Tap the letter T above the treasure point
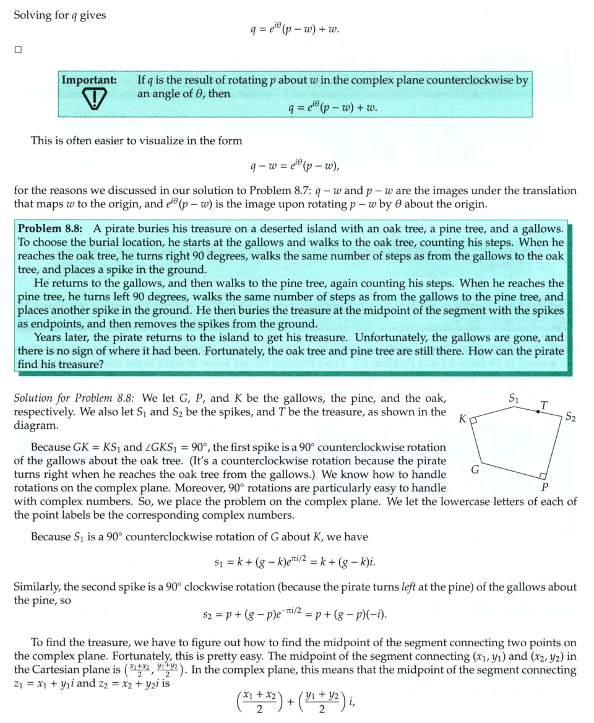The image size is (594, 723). click(x=543, y=405)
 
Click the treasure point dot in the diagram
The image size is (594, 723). click(x=537, y=412)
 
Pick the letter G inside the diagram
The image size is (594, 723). click(x=475, y=469)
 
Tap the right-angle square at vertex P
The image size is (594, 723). click(x=542, y=475)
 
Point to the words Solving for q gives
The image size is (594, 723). click(x=60, y=15)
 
